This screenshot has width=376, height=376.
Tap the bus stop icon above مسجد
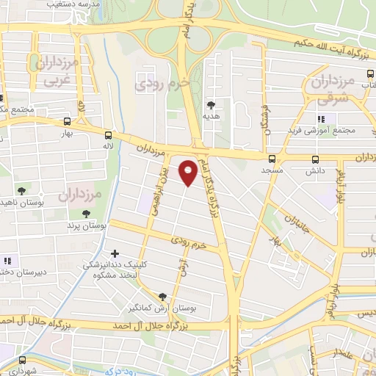tap(272, 159)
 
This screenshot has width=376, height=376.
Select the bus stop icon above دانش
tap(316, 159)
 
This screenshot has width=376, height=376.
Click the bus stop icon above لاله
tap(108, 135)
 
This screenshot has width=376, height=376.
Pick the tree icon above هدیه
tap(211, 106)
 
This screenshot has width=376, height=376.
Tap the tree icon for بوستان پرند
tap(87, 214)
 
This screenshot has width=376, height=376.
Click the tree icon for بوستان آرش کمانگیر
tap(162, 297)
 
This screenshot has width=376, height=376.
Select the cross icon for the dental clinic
tap(115, 253)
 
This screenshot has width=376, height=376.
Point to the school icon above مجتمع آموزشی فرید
tap(321, 119)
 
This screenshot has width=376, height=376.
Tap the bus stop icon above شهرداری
tap(23, 360)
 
